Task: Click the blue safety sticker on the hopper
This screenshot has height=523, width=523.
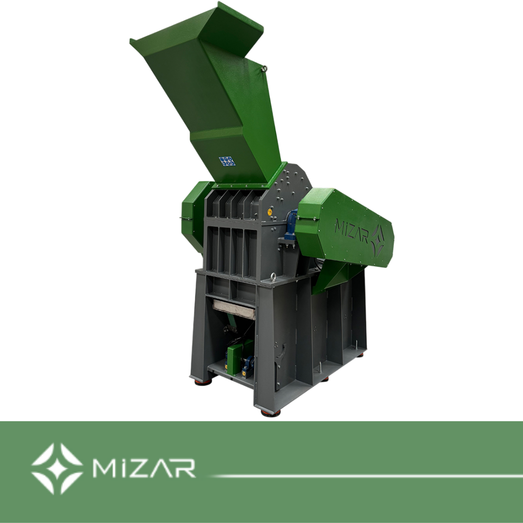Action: [x=227, y=161]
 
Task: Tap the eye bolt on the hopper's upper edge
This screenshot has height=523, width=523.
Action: [x=264, y=69]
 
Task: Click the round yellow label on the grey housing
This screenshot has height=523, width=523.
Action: [x=270, y=211]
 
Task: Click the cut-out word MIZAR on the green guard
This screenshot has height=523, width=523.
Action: [x=351, y=230]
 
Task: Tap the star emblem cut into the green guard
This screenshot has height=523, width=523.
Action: [x=378, y=240]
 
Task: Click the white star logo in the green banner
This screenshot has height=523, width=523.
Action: [x=57, y=468]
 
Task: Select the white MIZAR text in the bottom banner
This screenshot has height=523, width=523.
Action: [x=144, y=468]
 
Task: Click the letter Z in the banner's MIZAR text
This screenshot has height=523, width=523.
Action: [x=142, y=468]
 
